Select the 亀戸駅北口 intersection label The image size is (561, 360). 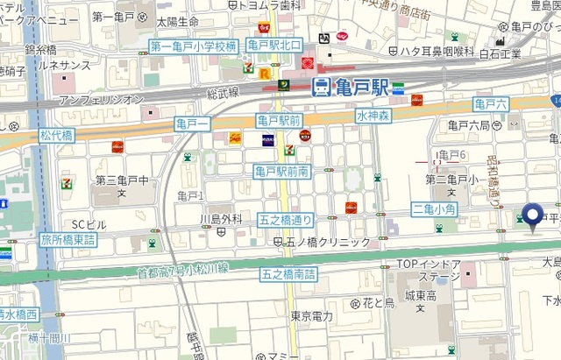pyautogui.click(x=274, y=45)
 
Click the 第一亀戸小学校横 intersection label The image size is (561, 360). pyautogui.click(x=194, y=46)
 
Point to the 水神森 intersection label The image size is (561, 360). pyautogui.click(x=373, y=115)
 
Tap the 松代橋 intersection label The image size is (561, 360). pyautogui.click(x=56, y=136)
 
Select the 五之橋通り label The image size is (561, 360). pyautogui.click(x=286, y=217)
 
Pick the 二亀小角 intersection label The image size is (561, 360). pyautogui.click(x=434, y=208)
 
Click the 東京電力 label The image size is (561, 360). pyautogui.click(x=311, y=315)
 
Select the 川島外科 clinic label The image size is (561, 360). pyautogui.click(x=220, y=218)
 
